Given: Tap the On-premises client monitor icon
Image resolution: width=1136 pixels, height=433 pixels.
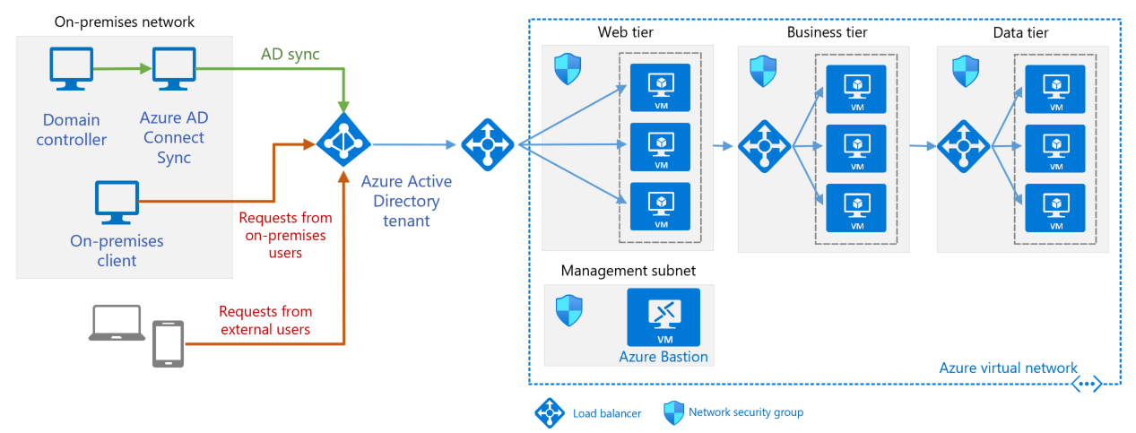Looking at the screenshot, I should [x=117, y=204].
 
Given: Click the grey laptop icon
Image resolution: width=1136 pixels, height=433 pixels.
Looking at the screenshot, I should [x=117, y=324].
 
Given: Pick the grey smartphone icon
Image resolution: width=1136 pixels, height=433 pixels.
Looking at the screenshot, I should [x=168, y=343].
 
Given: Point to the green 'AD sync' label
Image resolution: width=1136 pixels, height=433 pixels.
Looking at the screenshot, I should [x=290, y=55].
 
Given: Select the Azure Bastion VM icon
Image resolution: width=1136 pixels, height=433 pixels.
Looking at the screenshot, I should [x=663, y=316].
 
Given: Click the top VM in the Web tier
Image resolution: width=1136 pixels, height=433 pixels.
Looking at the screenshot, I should [x=660, y=87].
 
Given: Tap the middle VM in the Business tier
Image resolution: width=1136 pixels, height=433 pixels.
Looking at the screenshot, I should [x=856, y=148].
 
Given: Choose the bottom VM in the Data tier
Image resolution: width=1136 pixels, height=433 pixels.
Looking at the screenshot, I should [x=1054, y=207].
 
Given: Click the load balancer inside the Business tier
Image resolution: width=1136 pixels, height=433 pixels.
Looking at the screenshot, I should [x=764, y=145].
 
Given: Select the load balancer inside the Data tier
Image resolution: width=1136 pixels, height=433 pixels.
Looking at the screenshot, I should [x=962, y=145].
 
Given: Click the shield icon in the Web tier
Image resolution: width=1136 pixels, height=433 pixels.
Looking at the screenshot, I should [x=568, y=68].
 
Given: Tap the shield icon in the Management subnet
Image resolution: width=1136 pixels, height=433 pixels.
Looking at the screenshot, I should [x=568, y=310].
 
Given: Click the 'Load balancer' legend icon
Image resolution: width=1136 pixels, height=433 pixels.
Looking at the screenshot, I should [x=549, y=412].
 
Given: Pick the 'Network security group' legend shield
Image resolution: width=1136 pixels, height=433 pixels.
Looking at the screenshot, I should [x=673, y=412].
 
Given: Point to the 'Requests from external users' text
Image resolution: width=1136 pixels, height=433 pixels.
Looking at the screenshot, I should [x=265, y=320].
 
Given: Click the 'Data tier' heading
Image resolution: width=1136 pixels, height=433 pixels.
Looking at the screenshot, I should [x=1020, y=33].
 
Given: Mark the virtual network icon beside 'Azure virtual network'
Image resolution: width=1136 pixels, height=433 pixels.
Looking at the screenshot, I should [x=1086, y=384].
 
